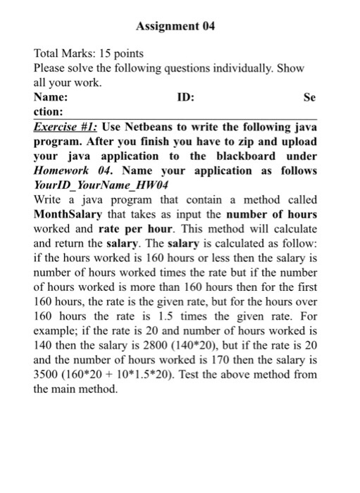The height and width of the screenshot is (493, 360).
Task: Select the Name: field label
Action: click(x=51, y=96)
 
